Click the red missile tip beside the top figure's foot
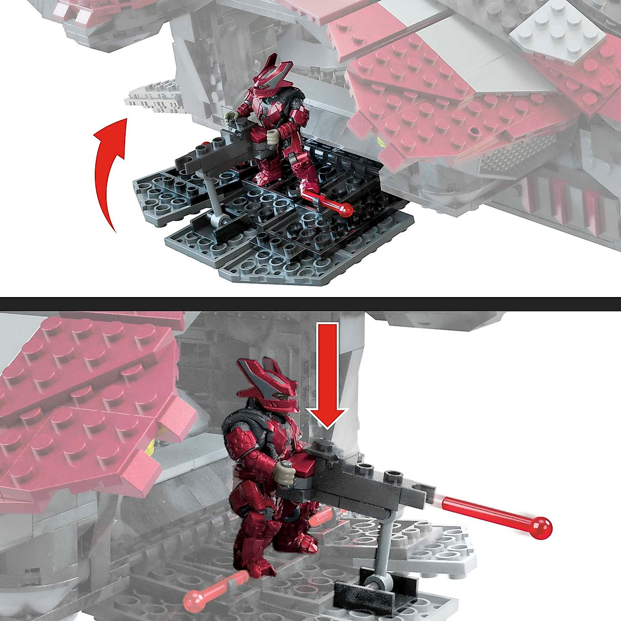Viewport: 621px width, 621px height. [x=346, y=209]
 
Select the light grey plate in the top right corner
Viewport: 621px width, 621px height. [x=556, y=34]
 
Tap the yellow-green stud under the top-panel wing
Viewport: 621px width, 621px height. [x=382, y=143]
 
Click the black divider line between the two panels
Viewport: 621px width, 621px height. [x=310, y=304]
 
